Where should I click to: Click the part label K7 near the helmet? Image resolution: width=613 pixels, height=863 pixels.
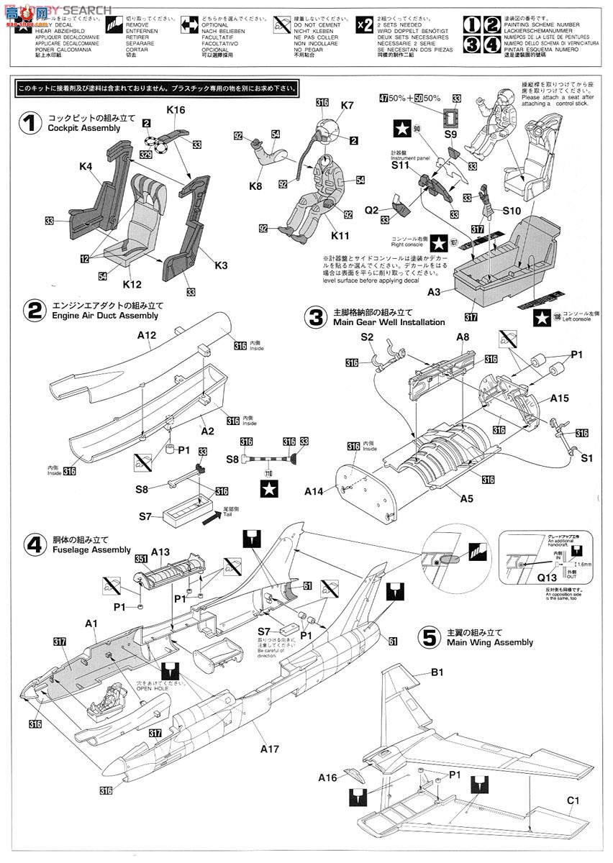click(348, 106)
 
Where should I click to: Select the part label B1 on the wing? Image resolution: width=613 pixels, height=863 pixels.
click(437, 672)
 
